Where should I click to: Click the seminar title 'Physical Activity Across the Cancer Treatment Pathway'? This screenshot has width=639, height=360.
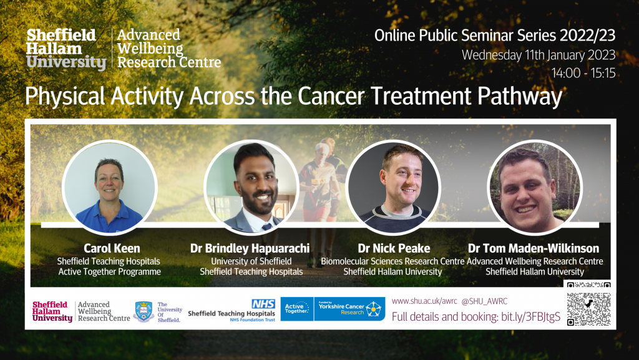[x=293, y=97]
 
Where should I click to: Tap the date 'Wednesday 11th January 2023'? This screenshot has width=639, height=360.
[x=538, y=54]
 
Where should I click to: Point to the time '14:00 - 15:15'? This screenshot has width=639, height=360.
[x=583, y=73]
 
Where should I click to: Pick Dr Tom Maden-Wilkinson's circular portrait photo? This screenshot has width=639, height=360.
[x=534, y=187]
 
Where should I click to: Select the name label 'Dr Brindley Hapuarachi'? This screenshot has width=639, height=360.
[x=250, y=248]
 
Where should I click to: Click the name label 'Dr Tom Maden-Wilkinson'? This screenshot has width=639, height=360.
[x=534, y=248]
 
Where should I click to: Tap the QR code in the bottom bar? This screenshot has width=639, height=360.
[x=588, y=309]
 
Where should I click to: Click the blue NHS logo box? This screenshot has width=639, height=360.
[x=263, y=303]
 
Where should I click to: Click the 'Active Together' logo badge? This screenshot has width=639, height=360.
[x=297, y=309]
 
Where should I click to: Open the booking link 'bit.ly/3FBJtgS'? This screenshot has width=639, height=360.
[x=530, y=317]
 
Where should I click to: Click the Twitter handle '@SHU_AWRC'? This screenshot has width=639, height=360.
[x=484, y=301]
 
